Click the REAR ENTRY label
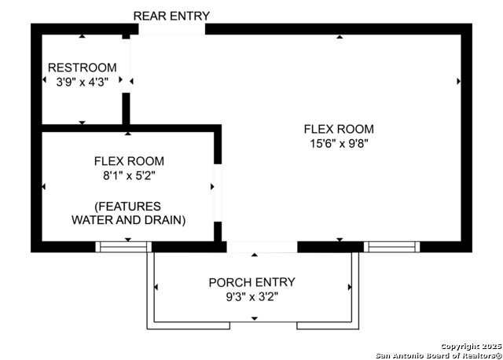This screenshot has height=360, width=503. click(x=171, y=16)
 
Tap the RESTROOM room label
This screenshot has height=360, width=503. click(x=83, y=68)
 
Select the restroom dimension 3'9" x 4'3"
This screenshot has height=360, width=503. click(x=83, y=82)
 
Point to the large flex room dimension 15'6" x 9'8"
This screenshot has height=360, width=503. click(x=339, y=143)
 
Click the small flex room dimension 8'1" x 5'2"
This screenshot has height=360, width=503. click(x=129, y=175)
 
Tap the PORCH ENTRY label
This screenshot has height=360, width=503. click(x=251, y=282)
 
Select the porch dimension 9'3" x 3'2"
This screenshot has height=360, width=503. click(x=252, y=297)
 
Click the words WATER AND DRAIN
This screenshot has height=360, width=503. click(x=129, y=220)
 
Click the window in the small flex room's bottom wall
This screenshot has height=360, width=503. click(x=123, y=247)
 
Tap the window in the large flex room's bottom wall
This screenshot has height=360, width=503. click(x=391, y=247)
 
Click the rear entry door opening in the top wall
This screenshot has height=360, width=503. click(x=171, y=29)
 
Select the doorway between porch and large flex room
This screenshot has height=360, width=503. click(x=262, y=247)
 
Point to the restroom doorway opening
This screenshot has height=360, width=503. click(x=126, y=66)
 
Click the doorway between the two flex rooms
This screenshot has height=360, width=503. click(x=218, y=193)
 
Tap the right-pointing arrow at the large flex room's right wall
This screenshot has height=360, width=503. click(x=459, y=81)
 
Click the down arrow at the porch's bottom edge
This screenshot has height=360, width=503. click(x=255, y=318)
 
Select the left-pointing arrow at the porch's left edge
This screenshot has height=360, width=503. click(x=156, y=287)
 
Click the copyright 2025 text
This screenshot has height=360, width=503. click(x=471, y=347)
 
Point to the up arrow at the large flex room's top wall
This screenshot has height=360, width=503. click(x=340, y=37)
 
